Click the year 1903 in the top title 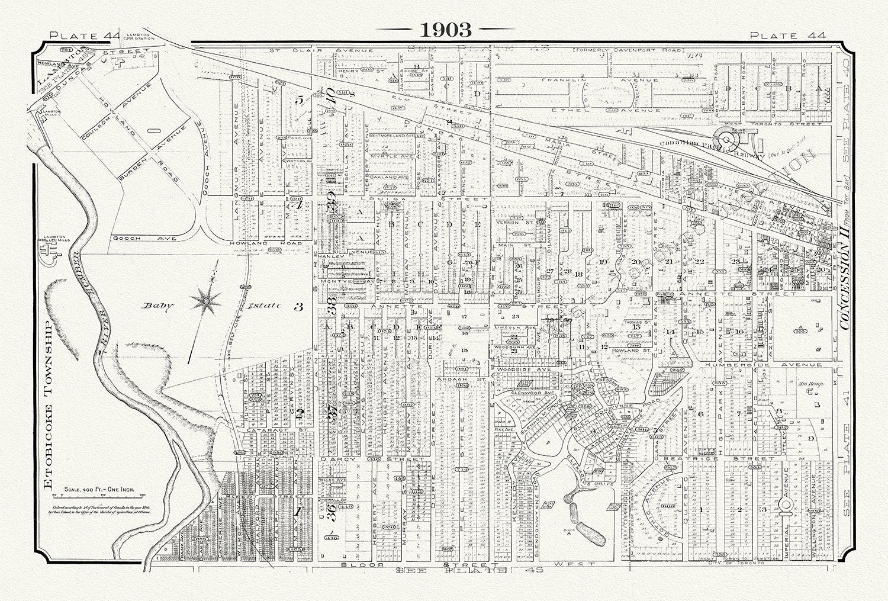446,30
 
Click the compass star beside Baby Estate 205,301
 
